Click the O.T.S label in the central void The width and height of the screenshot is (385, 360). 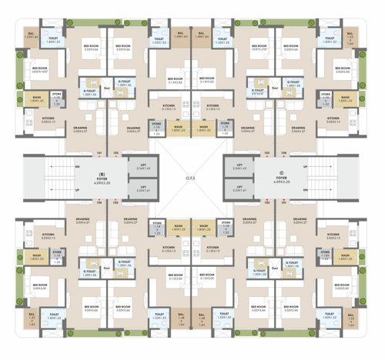(x=191, y=179)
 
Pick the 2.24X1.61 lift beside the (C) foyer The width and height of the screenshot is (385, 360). (x=241, y=189)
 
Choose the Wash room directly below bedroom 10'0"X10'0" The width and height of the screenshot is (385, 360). (x=36, y=98)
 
